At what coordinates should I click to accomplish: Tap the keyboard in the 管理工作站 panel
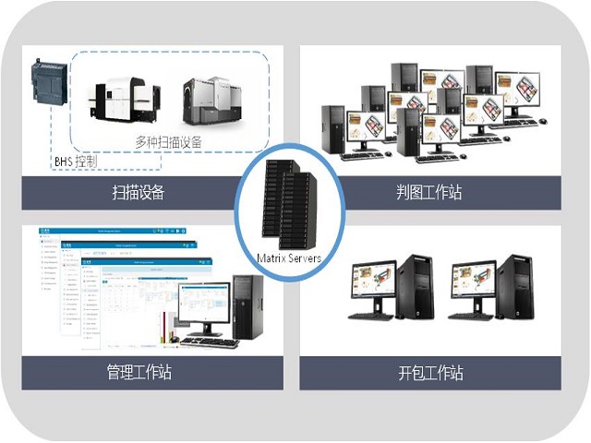point(208,342)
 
